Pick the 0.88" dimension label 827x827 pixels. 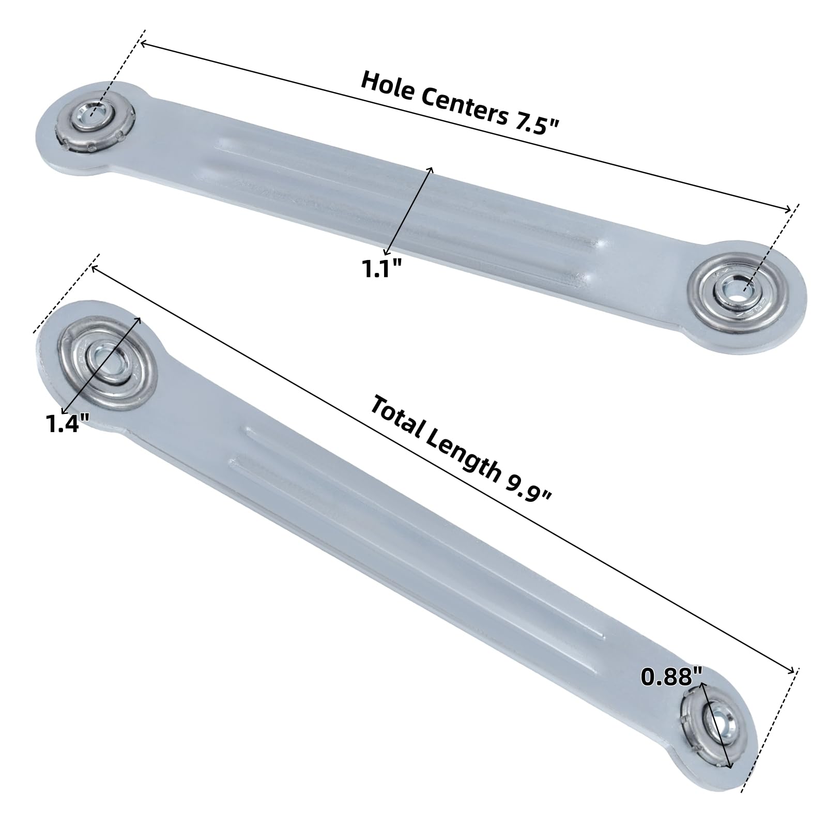[x=672, y=676]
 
